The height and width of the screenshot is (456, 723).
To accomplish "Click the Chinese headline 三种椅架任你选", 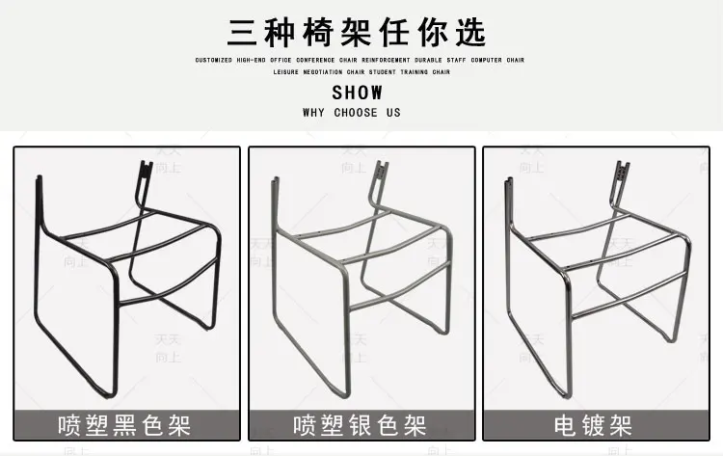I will (x=357, y=31).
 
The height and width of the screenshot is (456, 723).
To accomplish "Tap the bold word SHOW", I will (x=357, y=94).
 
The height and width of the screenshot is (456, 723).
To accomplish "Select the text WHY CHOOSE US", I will (x=351, y=113).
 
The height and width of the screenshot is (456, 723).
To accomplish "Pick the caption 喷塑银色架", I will (x=361, y=424).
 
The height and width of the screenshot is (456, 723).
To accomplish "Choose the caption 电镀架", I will (x=594, y=424).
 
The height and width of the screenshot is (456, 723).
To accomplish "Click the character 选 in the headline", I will (x=469, y=31).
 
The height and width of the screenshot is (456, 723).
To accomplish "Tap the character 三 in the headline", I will (x=244, y=31).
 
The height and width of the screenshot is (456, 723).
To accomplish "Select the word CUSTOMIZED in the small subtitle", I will (x=214, y=60).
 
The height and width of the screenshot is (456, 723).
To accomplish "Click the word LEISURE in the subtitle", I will (x=286, y=72).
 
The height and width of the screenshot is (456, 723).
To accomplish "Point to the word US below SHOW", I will (x=392, y=113).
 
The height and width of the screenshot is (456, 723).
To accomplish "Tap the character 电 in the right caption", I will (x=566, y=424).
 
